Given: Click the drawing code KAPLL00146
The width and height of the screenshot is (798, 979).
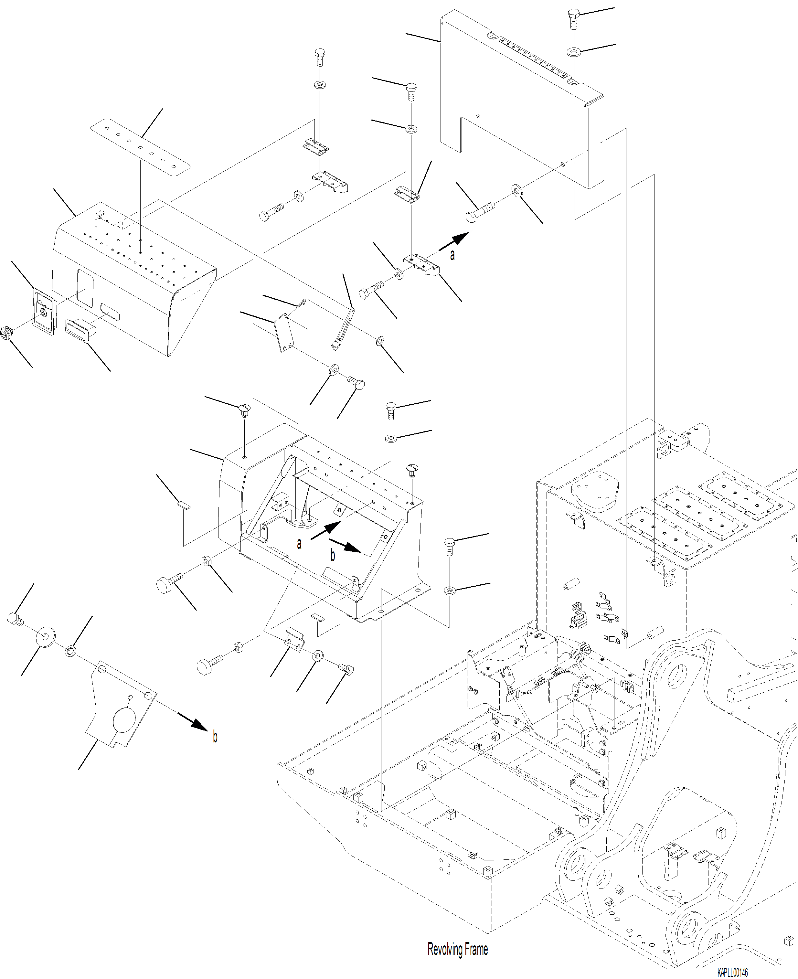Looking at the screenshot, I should click(732, 973).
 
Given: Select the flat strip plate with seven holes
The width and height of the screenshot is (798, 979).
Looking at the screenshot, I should click(140, 147).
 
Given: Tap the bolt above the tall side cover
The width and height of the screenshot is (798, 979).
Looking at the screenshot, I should click(573, 18).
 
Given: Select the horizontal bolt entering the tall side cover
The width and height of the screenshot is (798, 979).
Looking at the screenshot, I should click(479, 212).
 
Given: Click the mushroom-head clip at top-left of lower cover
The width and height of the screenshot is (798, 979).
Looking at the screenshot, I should click(244, 409).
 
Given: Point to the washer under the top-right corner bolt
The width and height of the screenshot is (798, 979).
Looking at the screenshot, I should click(573, 51).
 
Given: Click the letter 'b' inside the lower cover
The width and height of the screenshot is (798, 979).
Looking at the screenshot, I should click(332, 556).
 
